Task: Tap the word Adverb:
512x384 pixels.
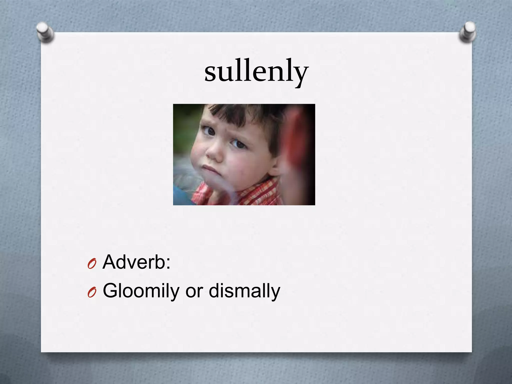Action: click(x=136, y=262)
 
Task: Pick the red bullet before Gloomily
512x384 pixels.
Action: click(x=92, y=293)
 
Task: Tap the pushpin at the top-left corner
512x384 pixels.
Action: click(x=45, y=32)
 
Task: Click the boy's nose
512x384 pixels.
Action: click(x=214, y=152)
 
